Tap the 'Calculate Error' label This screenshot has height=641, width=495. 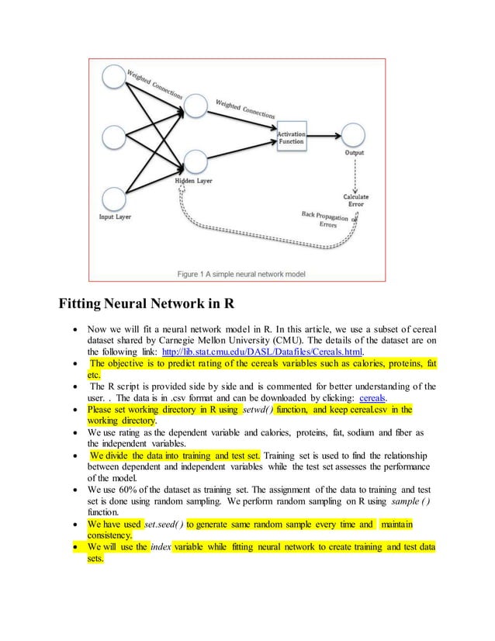coord(356,201)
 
